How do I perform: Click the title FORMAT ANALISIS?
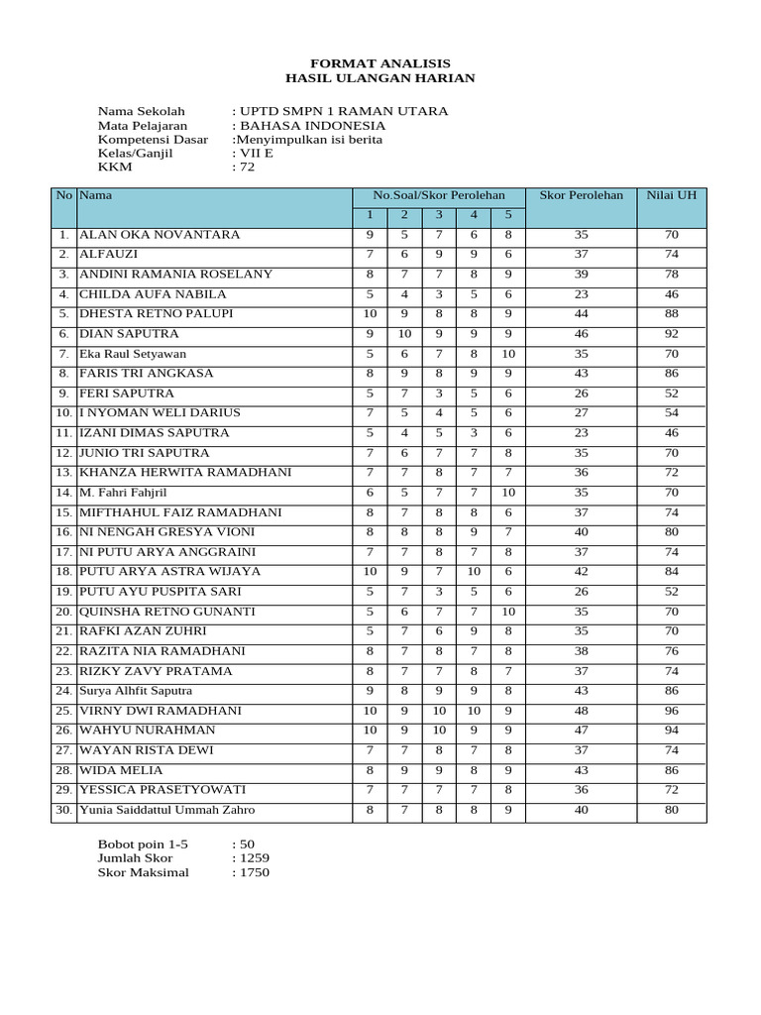(380, 62)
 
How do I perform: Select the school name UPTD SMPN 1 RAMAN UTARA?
(343, 111)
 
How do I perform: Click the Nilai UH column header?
(671, 195)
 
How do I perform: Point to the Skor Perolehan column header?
(581, 195)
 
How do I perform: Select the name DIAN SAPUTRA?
(129, 334)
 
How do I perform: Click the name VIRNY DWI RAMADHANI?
(161, 711)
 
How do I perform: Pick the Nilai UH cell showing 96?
(671, 711)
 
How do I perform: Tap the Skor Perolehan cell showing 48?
(581, 711)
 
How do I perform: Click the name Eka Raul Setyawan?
(133, 354)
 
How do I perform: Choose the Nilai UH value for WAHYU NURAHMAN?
(671, 731)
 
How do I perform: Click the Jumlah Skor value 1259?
(253, 857)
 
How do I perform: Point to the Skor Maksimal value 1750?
(253, 872)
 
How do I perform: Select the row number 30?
(62, 810)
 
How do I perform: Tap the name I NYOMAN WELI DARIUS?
(159, 413)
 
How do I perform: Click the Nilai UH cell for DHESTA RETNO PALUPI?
(671, 314)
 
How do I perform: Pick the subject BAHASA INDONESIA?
(311, 126)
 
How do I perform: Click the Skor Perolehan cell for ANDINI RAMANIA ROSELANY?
(581, 275)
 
